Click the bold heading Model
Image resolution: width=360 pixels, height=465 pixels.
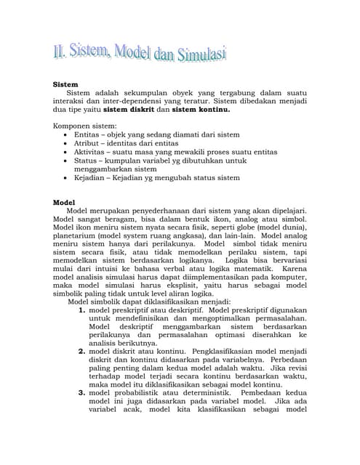click(66, 202)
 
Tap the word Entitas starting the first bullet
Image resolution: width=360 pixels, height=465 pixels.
click(89, 135)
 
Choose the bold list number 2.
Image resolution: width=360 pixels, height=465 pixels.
click(81, 352)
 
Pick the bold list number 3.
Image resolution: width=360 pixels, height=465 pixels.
click(81, 395)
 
